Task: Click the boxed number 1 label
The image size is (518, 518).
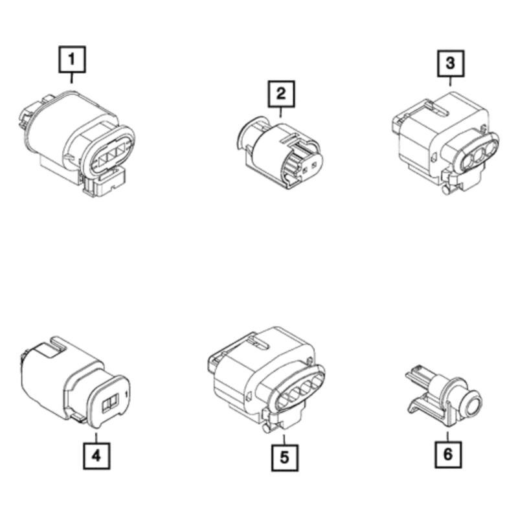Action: (x=72, y=60)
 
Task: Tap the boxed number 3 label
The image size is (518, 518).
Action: (x=450, y=63)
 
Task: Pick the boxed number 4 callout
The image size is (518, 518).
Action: (x=96, y=455)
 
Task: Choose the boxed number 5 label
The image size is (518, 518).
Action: (x=284, y=457)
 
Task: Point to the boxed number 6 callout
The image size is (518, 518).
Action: (x=447, y=454)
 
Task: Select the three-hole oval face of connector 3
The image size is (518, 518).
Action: (x=480, y=153)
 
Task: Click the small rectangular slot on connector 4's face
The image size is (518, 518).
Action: (x=110, y=402)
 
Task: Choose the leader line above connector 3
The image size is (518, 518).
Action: (x=450, y=81)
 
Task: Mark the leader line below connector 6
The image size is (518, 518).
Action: (x=447, y=435)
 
